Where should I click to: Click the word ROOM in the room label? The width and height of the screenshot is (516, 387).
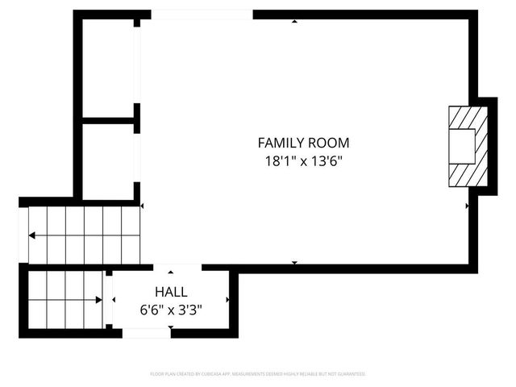[331, 143]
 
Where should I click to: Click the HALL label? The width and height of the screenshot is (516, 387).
[171, 292]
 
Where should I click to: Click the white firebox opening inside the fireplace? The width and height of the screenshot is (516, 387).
[463, 147]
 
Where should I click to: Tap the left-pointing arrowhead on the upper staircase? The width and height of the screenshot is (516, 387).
[31, 236]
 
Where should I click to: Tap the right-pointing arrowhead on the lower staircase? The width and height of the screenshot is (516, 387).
[98, 300]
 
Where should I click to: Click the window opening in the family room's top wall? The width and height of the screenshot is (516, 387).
[202, 15]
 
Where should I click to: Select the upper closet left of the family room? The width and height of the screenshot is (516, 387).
[108, 69]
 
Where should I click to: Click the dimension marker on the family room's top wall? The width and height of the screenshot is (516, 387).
[294, 21]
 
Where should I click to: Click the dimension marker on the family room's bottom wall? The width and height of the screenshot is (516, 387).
[294, 263]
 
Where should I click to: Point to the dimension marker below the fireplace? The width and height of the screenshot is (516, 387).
[468, 206]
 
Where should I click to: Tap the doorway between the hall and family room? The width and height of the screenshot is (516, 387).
[177, 268]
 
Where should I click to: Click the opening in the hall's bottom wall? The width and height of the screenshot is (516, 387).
[146, 332]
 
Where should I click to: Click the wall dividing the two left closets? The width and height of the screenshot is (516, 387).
[108, 120]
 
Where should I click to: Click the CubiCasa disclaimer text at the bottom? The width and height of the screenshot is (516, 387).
[258, 374]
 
